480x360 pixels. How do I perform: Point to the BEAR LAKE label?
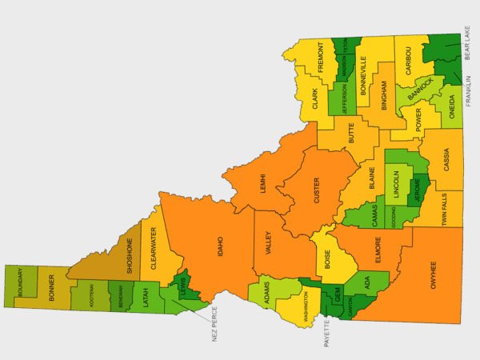pyautogui.click(x=469, y=46)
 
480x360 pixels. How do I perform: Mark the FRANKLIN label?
pyautogui.click(x=469, y=91)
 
